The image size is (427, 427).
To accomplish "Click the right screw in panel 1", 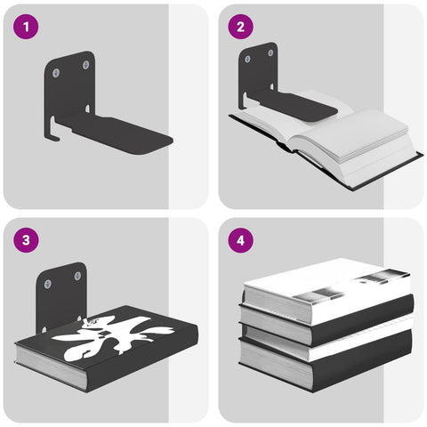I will pos(85,64).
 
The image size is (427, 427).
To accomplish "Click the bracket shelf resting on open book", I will pos(298,107).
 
